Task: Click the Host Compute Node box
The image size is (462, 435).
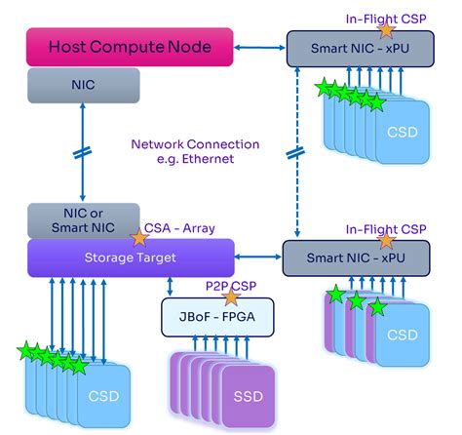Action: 132,47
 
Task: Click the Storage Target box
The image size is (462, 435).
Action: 132,257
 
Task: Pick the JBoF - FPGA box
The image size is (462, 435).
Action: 216,316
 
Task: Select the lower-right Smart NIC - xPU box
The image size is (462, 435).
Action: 356,258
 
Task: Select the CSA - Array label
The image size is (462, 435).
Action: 180,228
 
